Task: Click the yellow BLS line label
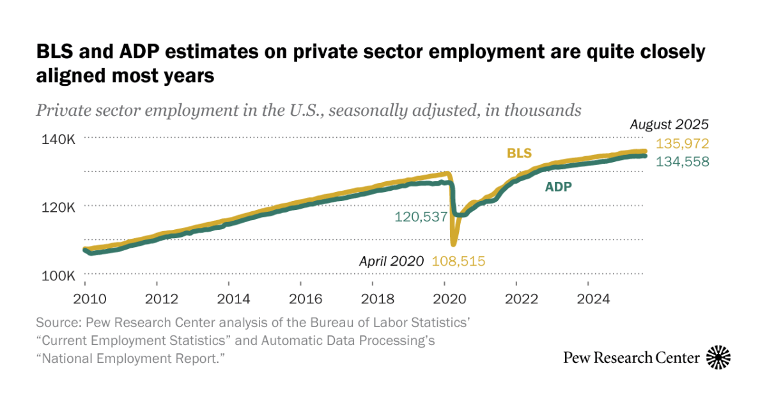pos(520,153)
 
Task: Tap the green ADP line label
pos(558,187)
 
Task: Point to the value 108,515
pos(459,261)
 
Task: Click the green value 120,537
pos(421,217)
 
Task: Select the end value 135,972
pos(683,143)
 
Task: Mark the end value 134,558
pos(683,162)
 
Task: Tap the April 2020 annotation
pos(391,261)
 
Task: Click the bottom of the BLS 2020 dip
pos(454,244)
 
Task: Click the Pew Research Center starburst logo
pos(718,357)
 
